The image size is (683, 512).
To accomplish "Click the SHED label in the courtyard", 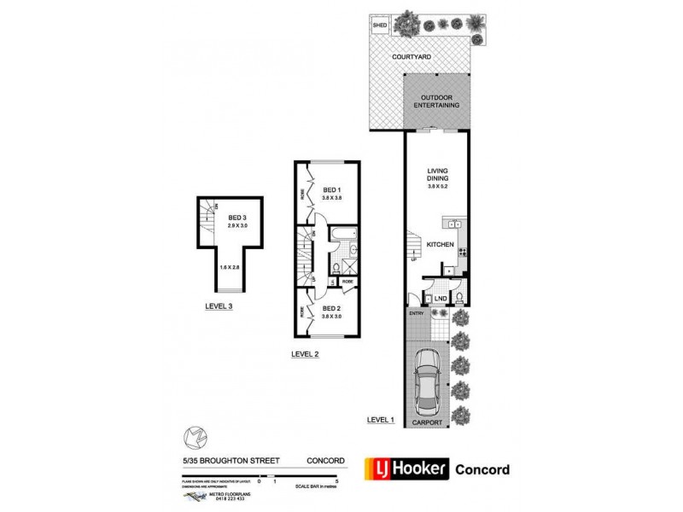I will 381,26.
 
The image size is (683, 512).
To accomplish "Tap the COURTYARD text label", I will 410,57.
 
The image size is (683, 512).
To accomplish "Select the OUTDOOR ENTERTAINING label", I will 438,101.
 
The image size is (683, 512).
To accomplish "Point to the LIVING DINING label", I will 437,175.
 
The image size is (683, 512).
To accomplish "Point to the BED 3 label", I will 236,220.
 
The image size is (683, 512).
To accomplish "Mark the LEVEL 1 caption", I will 381,418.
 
